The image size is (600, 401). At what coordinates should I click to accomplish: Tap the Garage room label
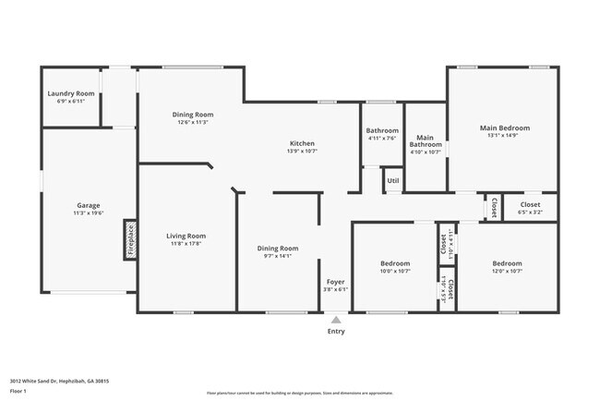click(x=89, y=205)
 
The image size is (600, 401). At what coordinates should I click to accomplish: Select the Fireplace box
click(x=130, y=241)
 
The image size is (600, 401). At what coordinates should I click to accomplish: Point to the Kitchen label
click(x=303, y=143)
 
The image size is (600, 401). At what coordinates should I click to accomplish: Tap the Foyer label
click(x=335, y=282)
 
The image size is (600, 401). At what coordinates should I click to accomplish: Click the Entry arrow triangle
click(x=336, y=319)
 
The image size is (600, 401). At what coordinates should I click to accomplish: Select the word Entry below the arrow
click(x=336, y=331)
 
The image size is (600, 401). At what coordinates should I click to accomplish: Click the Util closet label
click(x=393, y=180)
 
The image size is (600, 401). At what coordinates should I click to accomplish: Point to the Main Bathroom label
click(x=426, y=140)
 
